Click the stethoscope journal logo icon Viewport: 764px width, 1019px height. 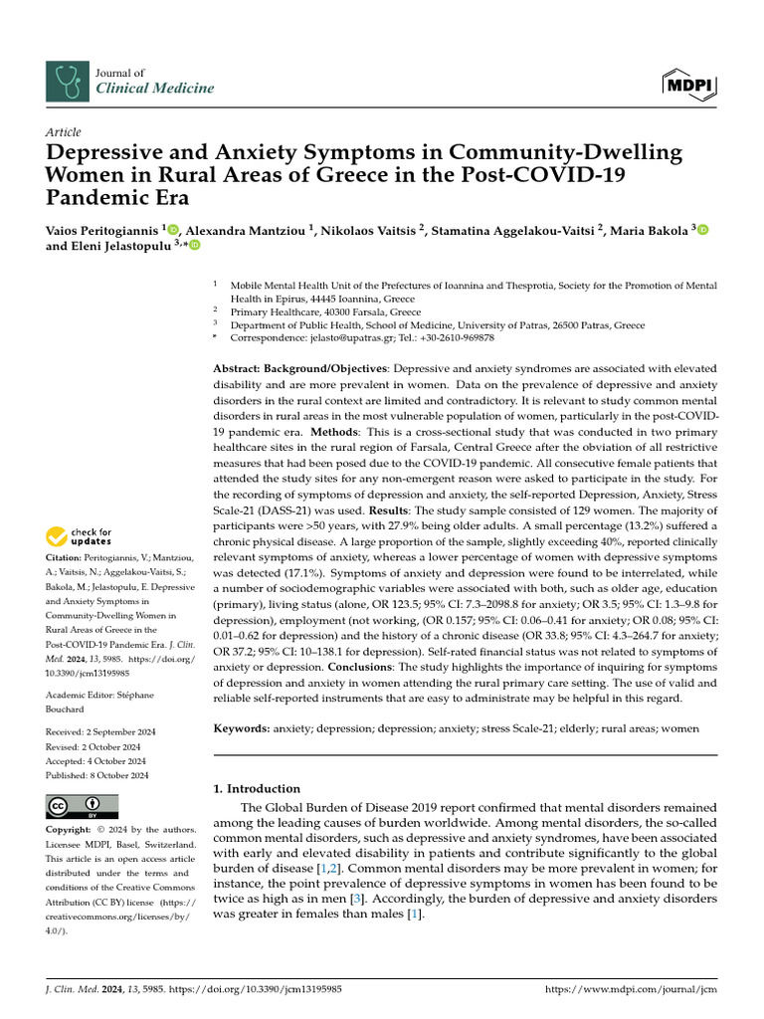(x=66, y=81)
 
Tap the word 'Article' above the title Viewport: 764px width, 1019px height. (x=64, y=132)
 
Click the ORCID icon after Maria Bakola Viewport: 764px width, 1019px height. (x=703, y=231)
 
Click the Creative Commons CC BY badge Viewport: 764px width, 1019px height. (x=82, y=807)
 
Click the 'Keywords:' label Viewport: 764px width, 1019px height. (x=242, y=728)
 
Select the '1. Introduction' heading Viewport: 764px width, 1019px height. (x=257, y=788)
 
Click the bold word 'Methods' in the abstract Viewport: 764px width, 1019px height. (x=338, y=433)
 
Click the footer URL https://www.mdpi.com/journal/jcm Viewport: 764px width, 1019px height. (x=632, y=990)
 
